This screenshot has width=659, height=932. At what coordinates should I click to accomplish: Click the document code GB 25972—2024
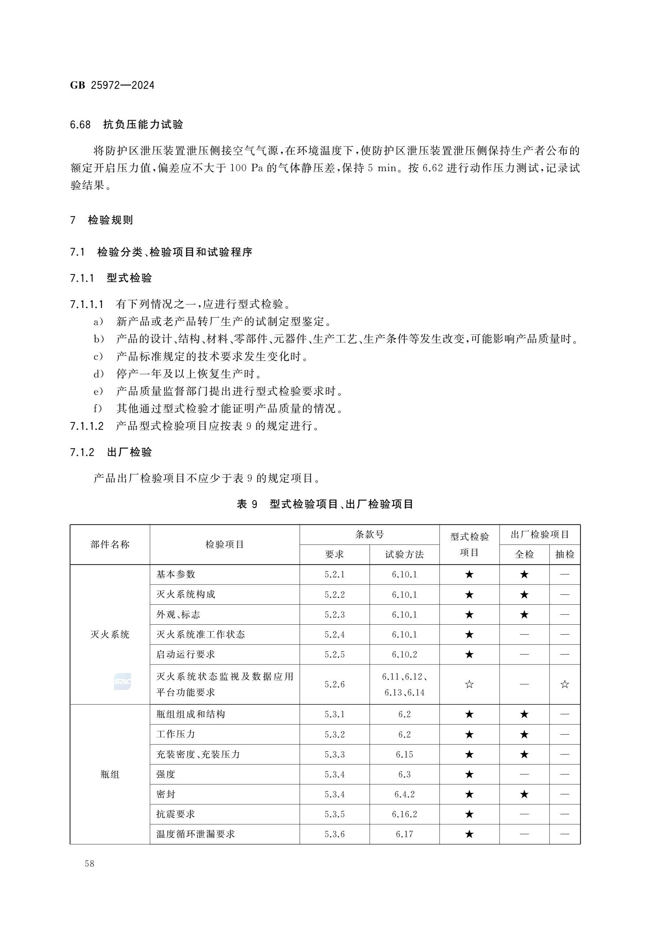(x=112, y=85)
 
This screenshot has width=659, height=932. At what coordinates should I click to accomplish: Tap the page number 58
(x=89, y=863)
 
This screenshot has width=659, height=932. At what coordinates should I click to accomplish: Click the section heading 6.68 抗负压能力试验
(x=126, y=125)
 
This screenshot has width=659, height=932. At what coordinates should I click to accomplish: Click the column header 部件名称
(x=110, y=544)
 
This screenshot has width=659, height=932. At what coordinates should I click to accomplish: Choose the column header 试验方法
(x=404, y=555)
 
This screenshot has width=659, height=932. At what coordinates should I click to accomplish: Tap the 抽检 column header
(x=565, y=555)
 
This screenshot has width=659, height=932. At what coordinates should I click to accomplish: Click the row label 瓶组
(x=110, y=774)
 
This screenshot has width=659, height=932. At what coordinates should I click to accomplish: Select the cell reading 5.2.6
(x=335, y=684)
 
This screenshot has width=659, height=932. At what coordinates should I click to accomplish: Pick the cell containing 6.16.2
(x=404, y=814)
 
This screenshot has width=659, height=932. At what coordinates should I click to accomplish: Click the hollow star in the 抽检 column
(x=565, y=684)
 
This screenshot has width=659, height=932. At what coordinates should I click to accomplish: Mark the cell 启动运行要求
(x=186, y=654)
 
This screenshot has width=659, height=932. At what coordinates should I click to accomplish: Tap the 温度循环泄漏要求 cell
(x=196, y=834)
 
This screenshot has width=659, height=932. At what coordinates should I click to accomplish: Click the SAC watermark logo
(x=122, y=681)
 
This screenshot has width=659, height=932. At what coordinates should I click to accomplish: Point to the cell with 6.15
(x=404, y=754)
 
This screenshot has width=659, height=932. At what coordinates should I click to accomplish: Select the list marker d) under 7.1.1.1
(x=99, y=374)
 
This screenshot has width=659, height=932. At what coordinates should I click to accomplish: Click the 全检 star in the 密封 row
(x=524, y=794)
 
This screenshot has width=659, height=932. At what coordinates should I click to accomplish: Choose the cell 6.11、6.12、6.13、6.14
(x=404, y=684)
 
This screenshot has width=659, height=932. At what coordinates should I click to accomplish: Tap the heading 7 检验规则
(x=101, y=220)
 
